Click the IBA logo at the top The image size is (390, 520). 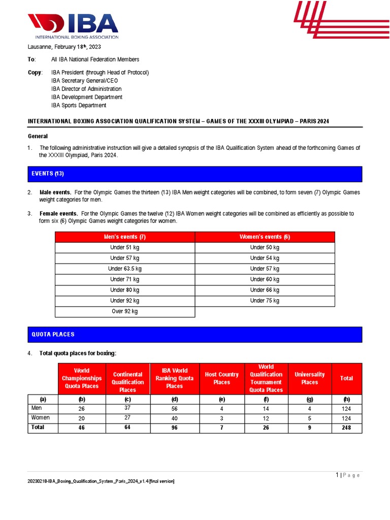[73, 26]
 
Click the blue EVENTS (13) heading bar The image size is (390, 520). [195, 174]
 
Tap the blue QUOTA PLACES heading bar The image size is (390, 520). [195, 334]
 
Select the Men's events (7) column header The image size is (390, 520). [125, 237]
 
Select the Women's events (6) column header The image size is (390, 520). [265, 237]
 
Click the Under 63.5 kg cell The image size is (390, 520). [125, 269]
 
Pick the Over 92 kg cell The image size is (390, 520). [125, 311]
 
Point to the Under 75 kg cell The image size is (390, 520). [265, 301]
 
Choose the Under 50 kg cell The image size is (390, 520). [265, 247]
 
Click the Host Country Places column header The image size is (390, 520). [221, 378]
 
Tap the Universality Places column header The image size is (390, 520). [309, 378]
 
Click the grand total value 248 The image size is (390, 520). [346, 428]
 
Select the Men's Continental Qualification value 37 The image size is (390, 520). [127, 407]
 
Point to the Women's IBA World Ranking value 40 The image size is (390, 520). [174, 418]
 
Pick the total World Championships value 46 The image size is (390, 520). [81, 428]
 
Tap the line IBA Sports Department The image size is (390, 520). [79, 106]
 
